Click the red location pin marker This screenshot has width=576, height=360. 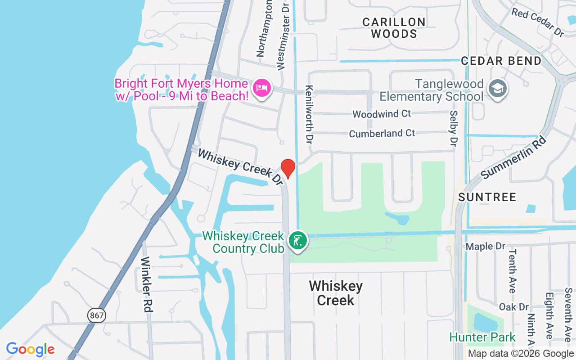288,168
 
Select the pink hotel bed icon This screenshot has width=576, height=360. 262,87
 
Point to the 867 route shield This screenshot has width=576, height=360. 97,315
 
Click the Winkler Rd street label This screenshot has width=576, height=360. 147,284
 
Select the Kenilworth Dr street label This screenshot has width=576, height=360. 309,114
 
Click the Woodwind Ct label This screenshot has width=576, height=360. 382,114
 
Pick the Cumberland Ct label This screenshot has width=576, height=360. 382,134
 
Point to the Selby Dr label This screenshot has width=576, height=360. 453,129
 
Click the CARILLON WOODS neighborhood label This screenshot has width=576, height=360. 394,28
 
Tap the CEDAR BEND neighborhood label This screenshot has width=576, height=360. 501,61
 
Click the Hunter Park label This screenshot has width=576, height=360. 482,337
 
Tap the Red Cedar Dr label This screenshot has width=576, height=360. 537,22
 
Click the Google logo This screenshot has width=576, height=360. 31,349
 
